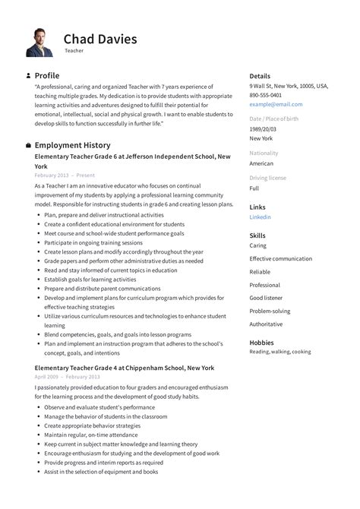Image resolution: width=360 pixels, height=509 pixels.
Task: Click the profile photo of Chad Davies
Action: point(39,43)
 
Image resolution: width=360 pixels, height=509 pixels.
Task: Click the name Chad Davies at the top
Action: point(100,38)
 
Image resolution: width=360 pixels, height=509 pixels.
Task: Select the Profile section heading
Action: point(47,76)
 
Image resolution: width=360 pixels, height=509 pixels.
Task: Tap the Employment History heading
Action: point(72,145)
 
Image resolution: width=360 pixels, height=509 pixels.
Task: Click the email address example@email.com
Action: point(276,104)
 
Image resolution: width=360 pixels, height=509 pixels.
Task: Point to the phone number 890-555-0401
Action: point(266,95)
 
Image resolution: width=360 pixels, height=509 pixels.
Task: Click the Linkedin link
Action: point(260,217)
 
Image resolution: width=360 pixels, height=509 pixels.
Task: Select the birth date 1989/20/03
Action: point(264,129)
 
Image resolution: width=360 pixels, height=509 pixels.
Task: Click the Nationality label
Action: point(264,153)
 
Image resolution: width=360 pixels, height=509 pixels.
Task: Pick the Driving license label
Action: point(267,178)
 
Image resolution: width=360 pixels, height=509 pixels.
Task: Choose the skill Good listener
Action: point(266,299)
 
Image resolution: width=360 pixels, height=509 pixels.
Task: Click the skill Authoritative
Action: point(266,324)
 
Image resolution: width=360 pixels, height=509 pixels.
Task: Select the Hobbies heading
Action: point(262,343)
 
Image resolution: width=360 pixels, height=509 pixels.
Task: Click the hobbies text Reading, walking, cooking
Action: point(280,352)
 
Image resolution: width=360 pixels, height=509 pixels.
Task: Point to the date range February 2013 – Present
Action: point(65,175)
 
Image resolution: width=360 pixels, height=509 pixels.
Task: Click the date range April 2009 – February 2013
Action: point(67,377)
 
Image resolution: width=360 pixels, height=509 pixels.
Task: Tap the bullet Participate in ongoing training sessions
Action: point(93,242)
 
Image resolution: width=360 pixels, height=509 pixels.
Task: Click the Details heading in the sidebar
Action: point(260,76)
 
